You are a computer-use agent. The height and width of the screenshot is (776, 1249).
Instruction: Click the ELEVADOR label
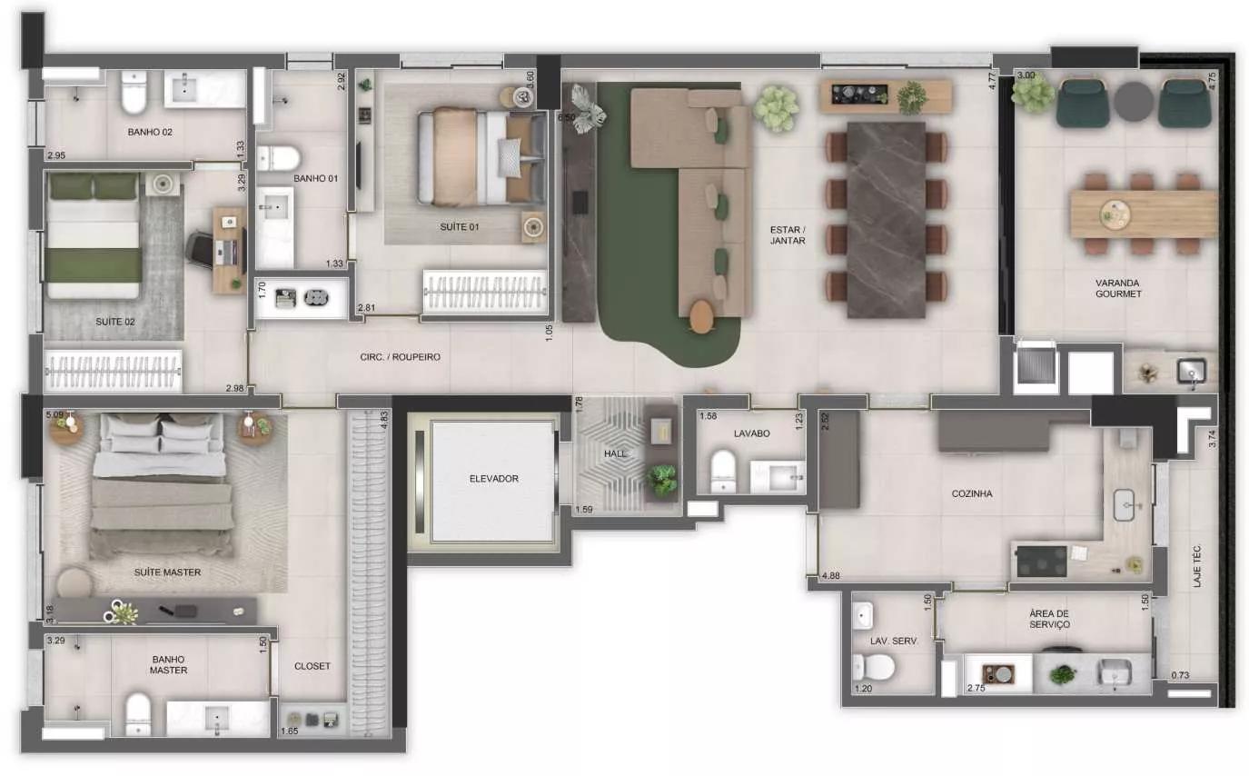(493, 479)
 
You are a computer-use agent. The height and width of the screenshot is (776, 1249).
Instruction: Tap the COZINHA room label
(971, 493)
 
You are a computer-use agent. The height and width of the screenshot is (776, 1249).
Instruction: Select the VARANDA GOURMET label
(1118, 288)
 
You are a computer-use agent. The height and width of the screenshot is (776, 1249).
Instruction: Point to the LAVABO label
(751, 433)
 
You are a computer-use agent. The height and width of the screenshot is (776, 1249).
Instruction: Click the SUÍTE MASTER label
(167, 572)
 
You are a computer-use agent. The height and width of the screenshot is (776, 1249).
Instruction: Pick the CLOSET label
(312, 666)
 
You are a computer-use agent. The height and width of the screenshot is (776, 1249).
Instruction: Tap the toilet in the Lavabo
(724, 472)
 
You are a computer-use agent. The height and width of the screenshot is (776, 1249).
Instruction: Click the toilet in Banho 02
(134, 92)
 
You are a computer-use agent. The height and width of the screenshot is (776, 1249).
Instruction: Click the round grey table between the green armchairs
(1134, 101)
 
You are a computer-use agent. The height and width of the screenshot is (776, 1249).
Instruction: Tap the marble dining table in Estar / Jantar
(886, 220)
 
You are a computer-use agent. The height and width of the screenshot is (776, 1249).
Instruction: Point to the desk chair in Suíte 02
(201, 249)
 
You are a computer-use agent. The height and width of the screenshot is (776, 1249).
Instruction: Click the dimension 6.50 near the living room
(566, 118)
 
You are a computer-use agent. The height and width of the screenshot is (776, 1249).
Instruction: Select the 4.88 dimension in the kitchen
(831, 576)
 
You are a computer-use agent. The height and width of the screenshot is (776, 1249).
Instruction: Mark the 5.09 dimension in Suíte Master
(55, 414)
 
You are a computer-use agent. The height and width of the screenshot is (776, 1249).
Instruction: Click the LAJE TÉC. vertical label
(1196, 566)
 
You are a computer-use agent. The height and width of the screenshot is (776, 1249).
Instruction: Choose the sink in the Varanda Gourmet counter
(1192, 372)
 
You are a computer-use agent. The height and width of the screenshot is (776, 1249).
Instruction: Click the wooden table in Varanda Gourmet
(1144, 214)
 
